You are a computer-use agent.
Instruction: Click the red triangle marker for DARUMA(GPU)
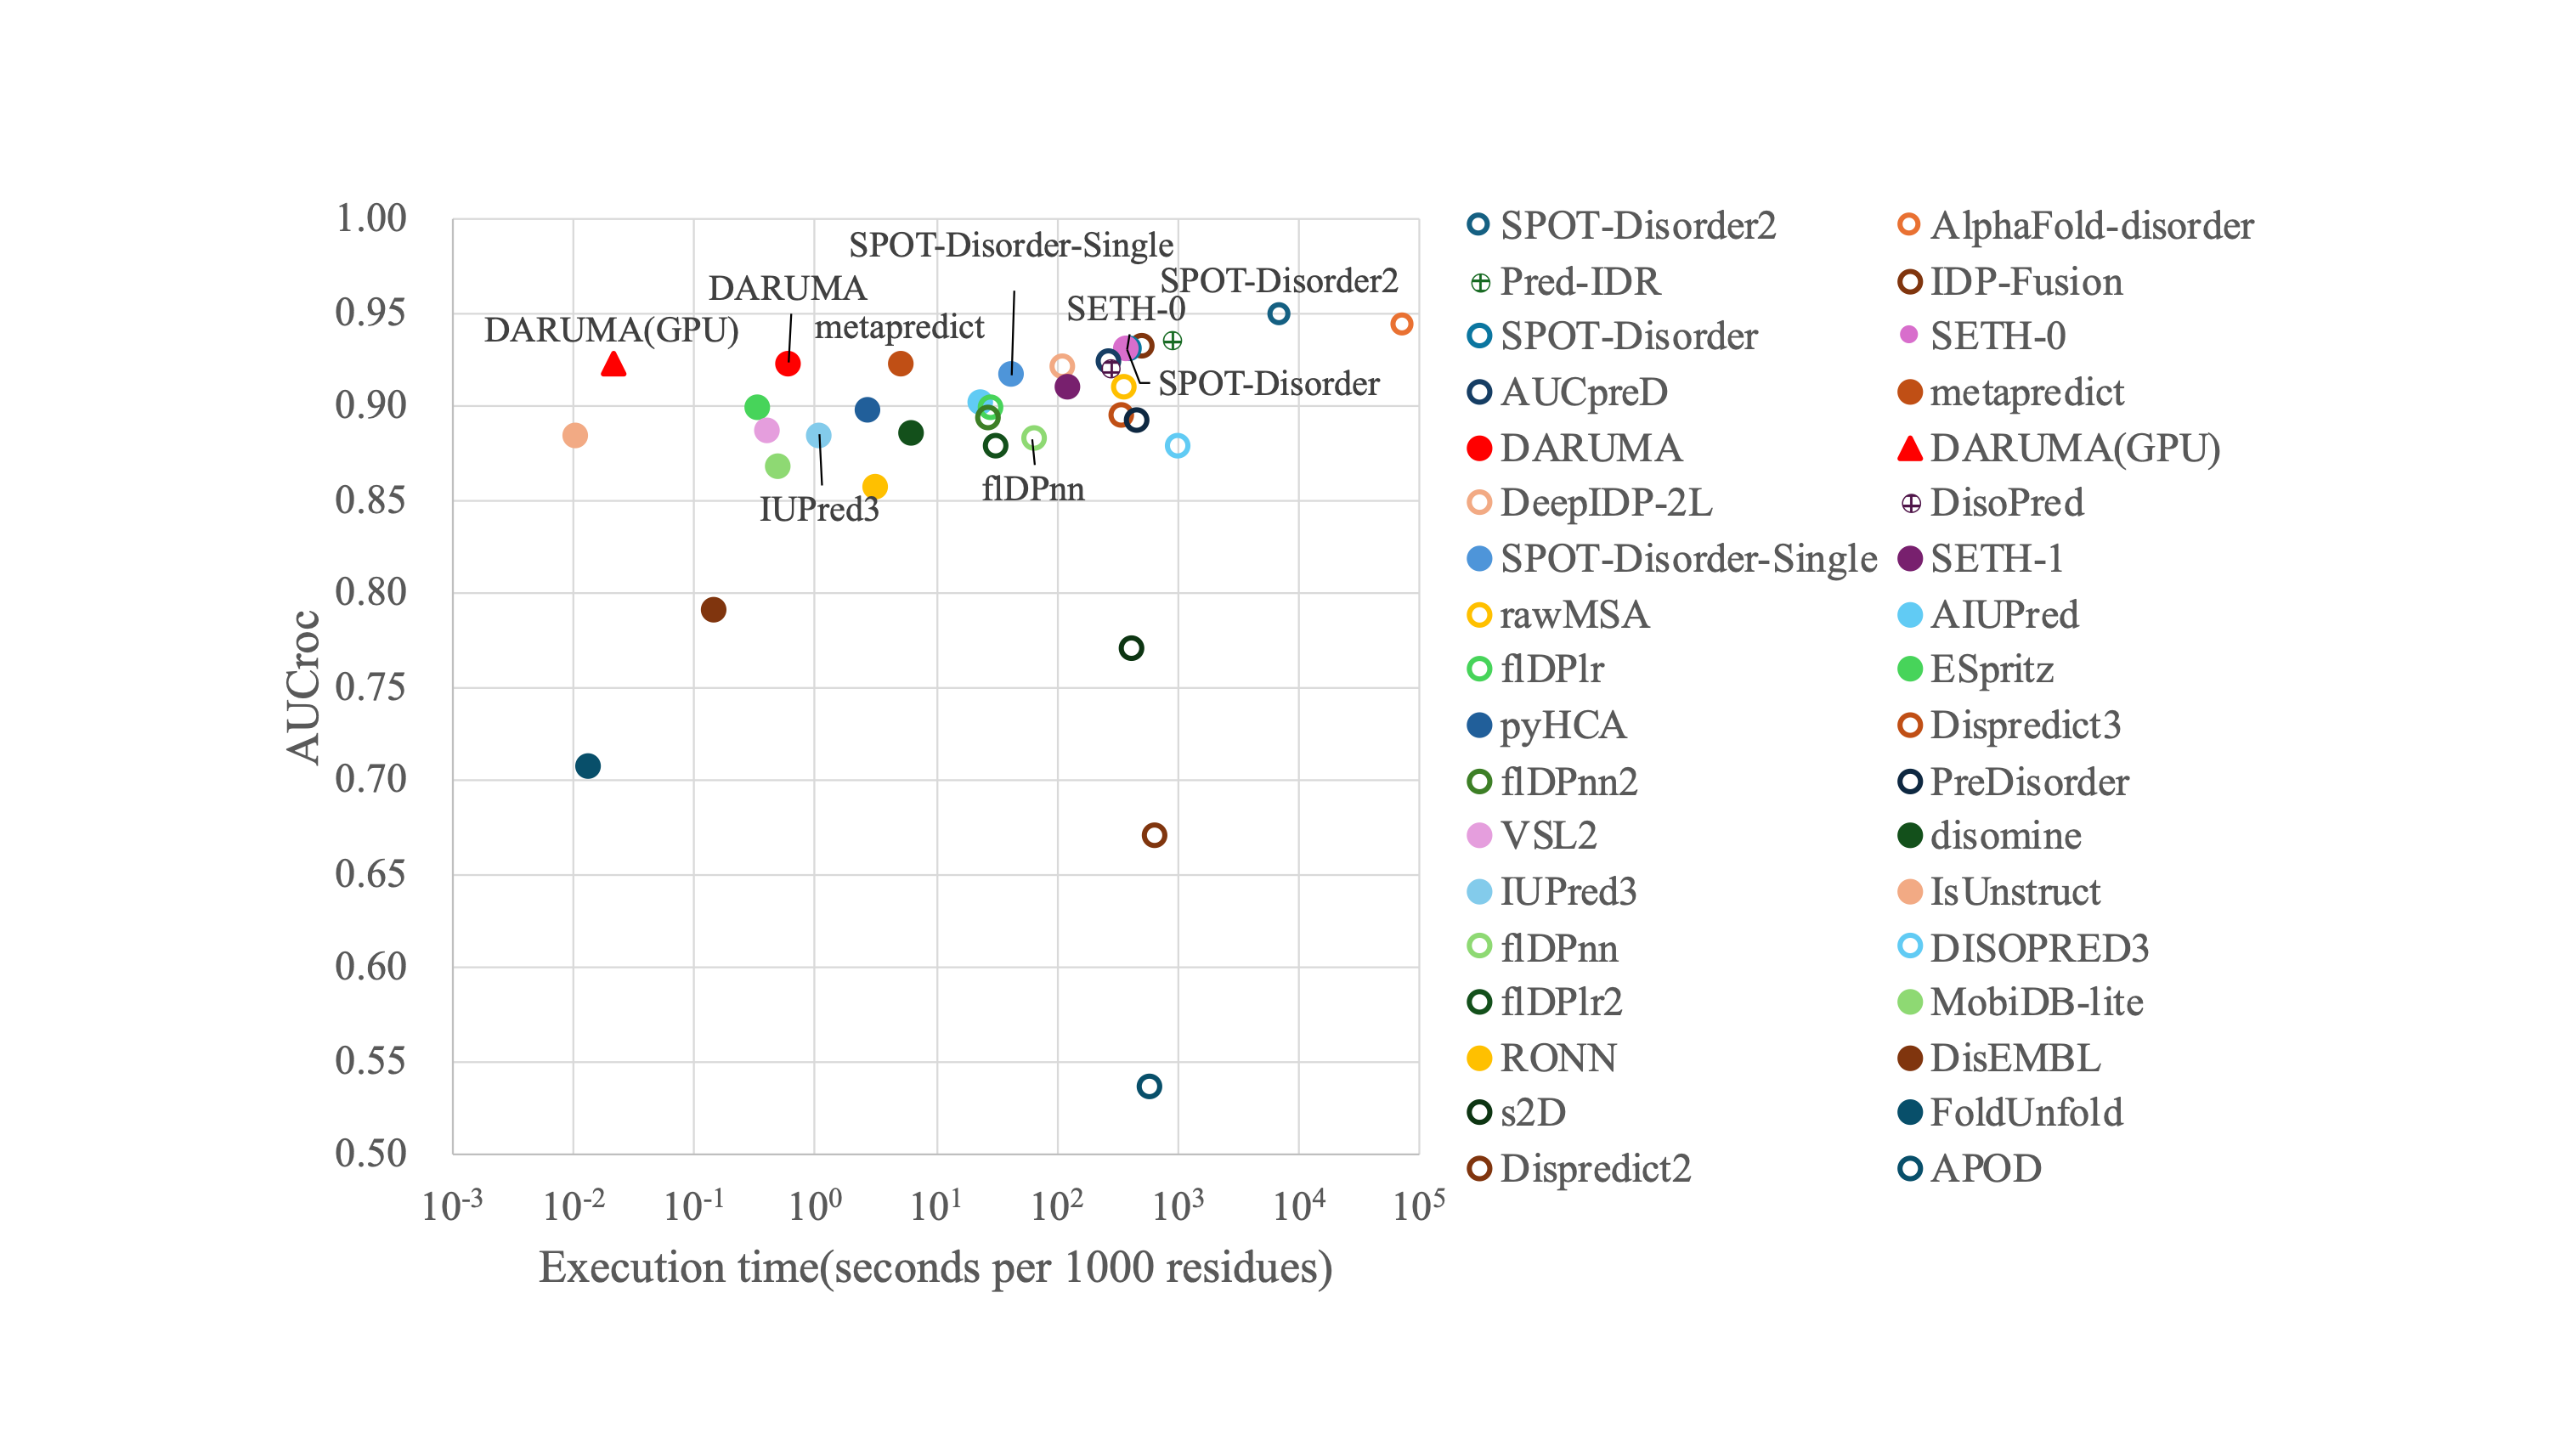coord(613,365)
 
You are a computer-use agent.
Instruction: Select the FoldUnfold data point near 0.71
coord(588,766)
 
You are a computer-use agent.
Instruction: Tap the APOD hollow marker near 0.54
coord(1149,1087)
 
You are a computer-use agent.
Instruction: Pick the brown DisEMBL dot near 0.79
coord(714,610)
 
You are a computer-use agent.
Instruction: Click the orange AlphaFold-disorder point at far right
coord(1401,325)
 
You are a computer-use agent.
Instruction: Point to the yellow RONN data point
coord(875,487)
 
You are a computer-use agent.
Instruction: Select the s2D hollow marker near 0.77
coord(1131,648)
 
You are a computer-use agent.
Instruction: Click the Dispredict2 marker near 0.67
coord(1154,835)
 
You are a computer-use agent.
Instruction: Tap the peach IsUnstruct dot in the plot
coord(575,436)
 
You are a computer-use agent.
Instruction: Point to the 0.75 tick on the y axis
coord(371,686)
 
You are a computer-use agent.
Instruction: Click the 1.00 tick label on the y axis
coord(371,218)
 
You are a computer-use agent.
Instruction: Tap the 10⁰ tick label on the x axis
coord(814,1206)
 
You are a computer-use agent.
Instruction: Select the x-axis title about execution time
coord(935,1267)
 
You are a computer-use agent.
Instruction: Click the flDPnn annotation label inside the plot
coord(1033,488)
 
